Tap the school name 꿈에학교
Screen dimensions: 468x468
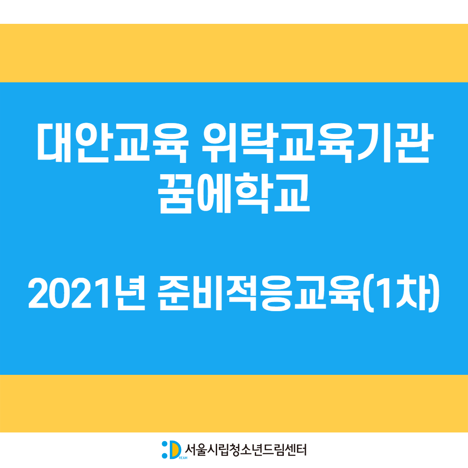click(234, 193)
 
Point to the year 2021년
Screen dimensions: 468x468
click(87, 293)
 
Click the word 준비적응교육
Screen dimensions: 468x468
click(260, 293)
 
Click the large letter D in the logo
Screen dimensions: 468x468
click(175, 450)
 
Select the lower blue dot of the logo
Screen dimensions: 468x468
click(165, 455)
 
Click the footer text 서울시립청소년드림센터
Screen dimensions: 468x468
click(246, 450)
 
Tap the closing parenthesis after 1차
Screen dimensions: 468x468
click(434, 293)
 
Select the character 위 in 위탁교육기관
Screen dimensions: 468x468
click(220, 143)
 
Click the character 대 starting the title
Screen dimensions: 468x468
click(54, 143)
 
